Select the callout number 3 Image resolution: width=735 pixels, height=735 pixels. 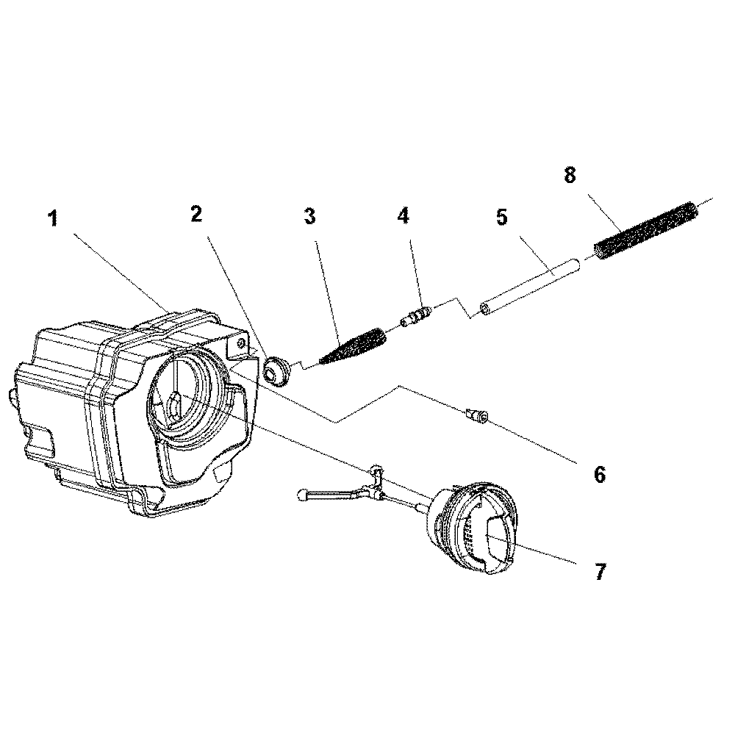(309, 216)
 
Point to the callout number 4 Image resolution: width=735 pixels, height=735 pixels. (403, 216)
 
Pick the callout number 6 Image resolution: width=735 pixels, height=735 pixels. (600, 474)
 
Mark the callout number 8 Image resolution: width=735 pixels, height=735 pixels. (570, 176)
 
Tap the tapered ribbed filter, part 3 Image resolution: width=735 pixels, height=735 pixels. (353, 347)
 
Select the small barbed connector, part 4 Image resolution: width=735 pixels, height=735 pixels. (416, 318)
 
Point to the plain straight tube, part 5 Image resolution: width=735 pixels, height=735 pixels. (529, 283)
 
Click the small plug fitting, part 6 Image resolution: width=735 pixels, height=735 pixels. (477, 417)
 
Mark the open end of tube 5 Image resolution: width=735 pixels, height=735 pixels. (485, 307)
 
